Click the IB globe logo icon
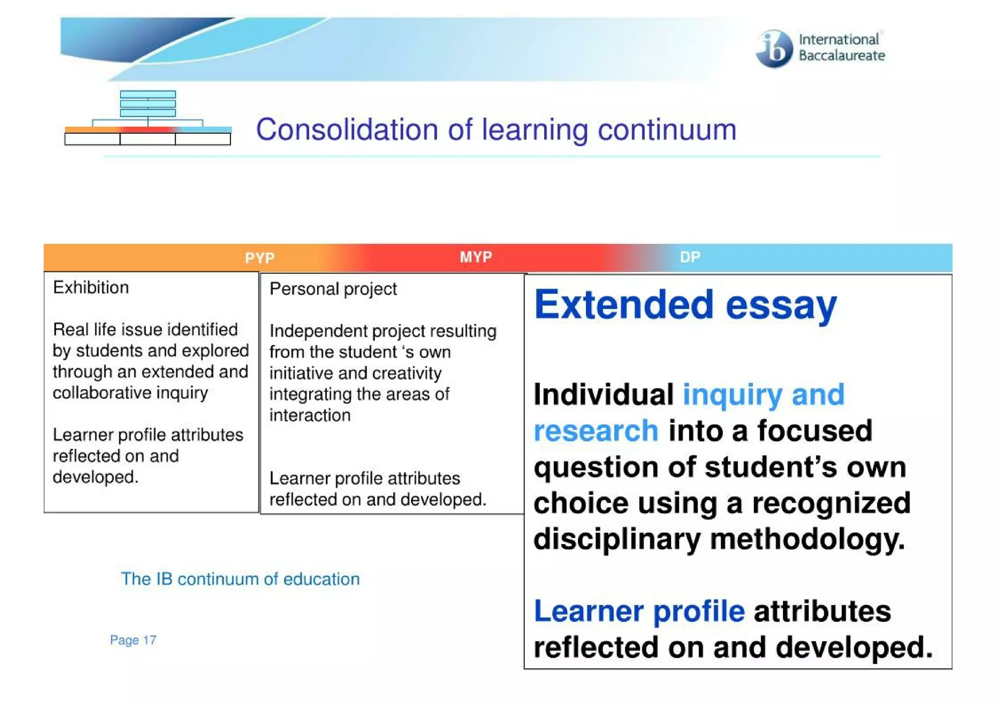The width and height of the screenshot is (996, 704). [x=774, y=49]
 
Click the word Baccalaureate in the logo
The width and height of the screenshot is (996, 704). [x=841, y=56]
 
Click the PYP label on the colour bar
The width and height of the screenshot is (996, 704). [x=260, y=258]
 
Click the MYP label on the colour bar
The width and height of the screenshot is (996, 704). [x=476, y=257]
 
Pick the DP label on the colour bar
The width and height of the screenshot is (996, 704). [x=690, y=257]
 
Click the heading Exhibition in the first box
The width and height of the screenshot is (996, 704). [x=91, y=288]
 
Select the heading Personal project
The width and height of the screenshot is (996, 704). [x=333, y=289]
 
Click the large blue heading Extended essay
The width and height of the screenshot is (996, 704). [x=685, y=305]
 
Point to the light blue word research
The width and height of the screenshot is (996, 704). [x=596, y=431]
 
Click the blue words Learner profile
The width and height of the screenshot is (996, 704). [x=639, y=611]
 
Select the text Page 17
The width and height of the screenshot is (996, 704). [x=133, y=640]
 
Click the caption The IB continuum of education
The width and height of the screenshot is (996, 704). [x=240, y=579]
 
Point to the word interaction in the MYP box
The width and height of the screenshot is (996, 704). [x=310, y=415]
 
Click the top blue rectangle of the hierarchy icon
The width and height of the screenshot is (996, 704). [x=148, y=94]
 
